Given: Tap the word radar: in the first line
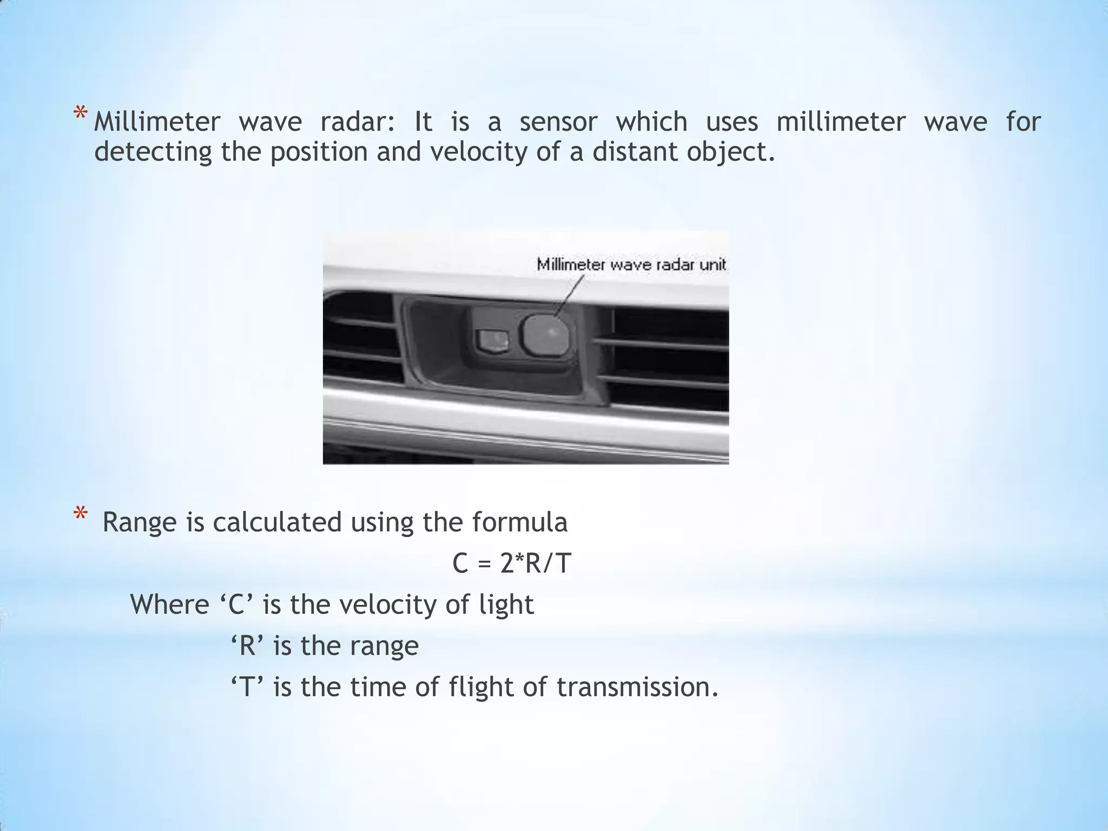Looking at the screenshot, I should [x=358, y=122].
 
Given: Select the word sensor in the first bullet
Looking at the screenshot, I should [x=558, y=122].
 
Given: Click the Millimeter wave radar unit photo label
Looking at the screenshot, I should [x=631, y=265].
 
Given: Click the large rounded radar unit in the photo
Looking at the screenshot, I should [x=545, y=335].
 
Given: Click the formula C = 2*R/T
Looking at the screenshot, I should [x=512, y=564].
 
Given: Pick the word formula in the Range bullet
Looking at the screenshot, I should [x=519, y=523].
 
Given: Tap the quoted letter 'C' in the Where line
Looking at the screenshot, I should [x=237, y=605].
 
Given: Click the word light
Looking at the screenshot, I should [x=506, y=605].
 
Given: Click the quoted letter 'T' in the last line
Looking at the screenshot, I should [x=247, y=687].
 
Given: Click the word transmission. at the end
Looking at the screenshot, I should [x=637, y=687].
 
